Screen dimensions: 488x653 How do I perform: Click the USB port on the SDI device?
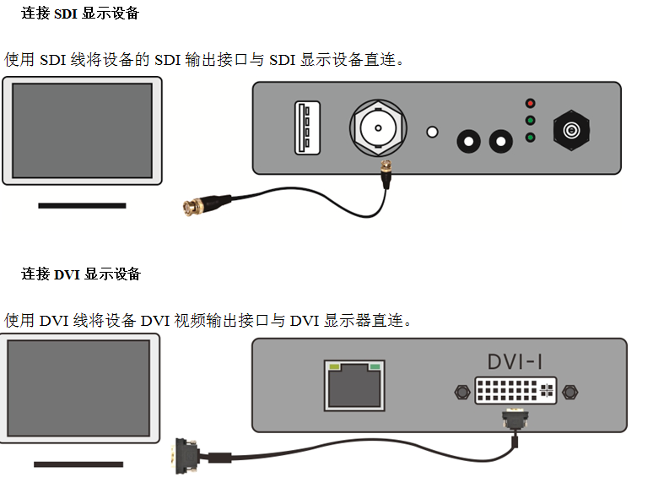click(x=307, y=127)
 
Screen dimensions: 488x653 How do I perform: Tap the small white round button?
click(x=433, y=132)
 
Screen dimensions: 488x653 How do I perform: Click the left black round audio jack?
click(x=467, y=139)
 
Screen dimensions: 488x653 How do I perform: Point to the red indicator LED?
click(x=530, y=103)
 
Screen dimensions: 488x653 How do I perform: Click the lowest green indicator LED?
click(x=530, y=138)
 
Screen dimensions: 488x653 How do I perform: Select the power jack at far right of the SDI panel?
click(x=571, y=130)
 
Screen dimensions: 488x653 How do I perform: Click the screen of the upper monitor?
click(x=82, y=129)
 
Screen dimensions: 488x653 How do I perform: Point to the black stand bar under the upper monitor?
click(x=82, y=205)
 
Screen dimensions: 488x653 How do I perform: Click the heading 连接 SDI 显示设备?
click(x=80, y=14)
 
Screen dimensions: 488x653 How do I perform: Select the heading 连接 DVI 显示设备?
click(x=80, y=274)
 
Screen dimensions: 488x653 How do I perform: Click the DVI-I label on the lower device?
click(x=514, y=361)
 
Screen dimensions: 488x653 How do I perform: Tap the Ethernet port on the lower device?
click(x=354, y=385)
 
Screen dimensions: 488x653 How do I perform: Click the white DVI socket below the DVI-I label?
click(x=515, y=390)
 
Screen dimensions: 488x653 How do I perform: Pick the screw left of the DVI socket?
click(x=460, y=392)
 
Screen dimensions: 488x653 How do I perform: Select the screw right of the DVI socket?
click(x=569, y=392)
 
